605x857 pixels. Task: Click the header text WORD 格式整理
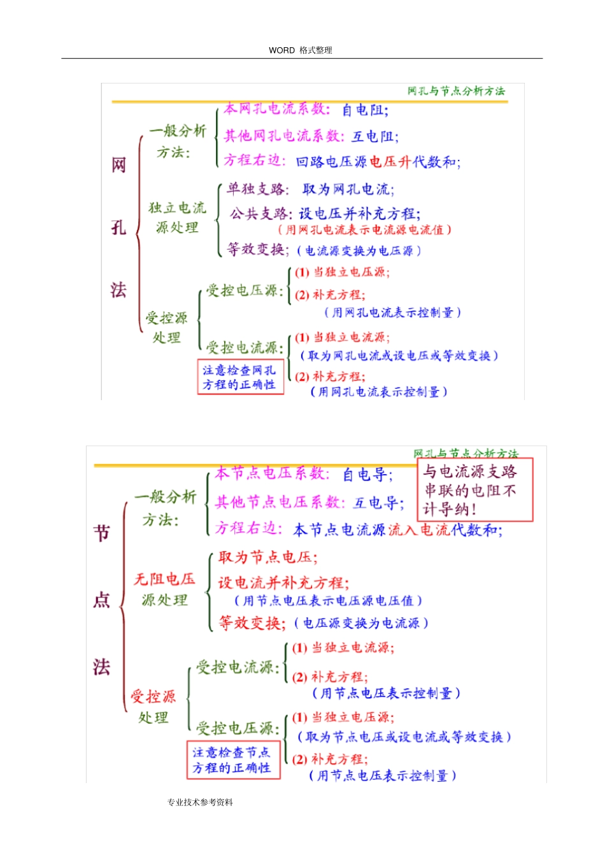(x=300, y=50)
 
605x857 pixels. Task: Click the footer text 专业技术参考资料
(x=200, y=802)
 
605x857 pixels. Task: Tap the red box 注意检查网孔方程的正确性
(x=239, y=377)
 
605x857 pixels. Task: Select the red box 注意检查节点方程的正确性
(x=232, y=760)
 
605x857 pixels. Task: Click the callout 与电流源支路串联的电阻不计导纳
(x=475, y=490)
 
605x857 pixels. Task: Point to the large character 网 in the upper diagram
(x=119, y=165)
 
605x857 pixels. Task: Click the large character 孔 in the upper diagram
(x=119, y=227)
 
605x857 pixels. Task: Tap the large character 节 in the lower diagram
(x=102, y=533)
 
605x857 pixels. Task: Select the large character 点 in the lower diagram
(x=102, y=600)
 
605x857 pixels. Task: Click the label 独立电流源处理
(x=177, y=217)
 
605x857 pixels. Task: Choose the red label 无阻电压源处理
(x=164, y=589)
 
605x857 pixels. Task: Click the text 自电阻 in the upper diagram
(x=365, y=110)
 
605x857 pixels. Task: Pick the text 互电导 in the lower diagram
(x=378, y=503)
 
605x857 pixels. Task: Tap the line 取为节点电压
(x=267, y=558)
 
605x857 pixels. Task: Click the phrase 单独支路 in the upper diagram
(x=257, y=189)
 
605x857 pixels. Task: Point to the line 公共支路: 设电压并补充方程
(x=325, y=213)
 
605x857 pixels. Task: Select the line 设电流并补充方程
(x=283, y=582)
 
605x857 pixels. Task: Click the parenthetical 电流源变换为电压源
(x=359, y=251)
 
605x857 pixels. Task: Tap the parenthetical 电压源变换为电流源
(x=361, y=623)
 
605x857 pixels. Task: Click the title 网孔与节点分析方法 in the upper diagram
(x=456, y=91)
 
